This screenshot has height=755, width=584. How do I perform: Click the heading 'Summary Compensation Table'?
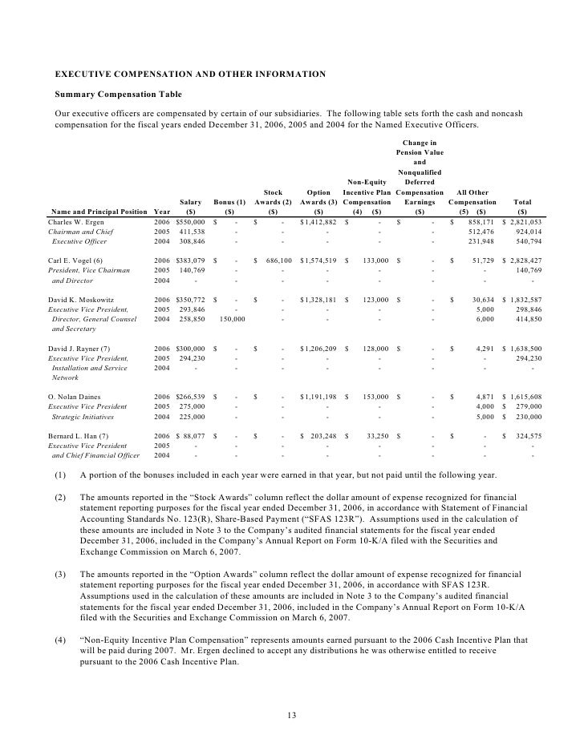tap(118, 95)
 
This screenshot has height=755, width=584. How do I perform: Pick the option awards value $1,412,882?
tap(324, 221)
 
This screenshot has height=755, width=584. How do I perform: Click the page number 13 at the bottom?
tap(292, 715)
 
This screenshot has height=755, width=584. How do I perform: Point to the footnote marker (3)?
tap(60, 575)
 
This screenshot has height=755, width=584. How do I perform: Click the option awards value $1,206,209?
tap(324, 349)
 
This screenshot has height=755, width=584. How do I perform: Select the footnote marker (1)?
tap(60, 474)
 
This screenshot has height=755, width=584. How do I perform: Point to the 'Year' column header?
tap(161, 212)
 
